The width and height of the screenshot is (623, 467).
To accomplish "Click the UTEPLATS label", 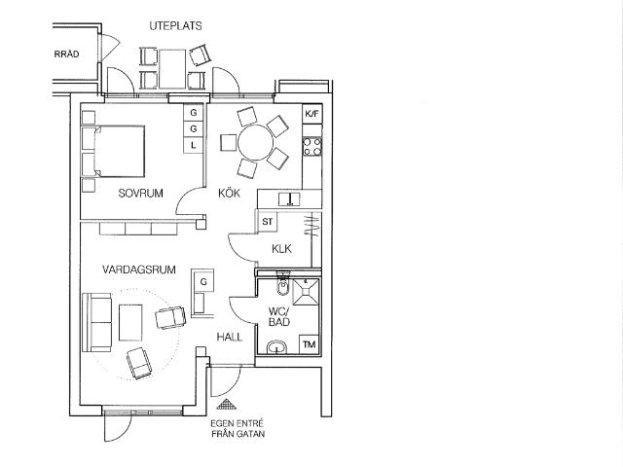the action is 175,26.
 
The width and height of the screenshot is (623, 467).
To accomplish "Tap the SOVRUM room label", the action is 140,194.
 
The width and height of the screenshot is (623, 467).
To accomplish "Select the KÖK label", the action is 230,193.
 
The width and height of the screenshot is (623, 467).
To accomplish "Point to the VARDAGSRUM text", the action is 139,270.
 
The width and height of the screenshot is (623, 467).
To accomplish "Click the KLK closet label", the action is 281,249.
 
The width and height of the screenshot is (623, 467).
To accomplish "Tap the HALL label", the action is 230,338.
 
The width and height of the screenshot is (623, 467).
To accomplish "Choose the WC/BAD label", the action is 279,316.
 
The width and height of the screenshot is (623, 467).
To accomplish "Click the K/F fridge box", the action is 311,115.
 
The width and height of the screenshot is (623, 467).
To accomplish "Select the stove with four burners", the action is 311,146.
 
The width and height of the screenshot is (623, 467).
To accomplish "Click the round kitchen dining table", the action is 256,143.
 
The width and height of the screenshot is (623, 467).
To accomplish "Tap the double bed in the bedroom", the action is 119,152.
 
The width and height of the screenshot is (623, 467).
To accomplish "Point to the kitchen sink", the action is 289,198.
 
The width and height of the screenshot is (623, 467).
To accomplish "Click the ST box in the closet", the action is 268,222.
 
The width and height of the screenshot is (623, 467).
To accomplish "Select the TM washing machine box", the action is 310,344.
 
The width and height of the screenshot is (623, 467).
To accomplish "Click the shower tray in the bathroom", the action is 306,292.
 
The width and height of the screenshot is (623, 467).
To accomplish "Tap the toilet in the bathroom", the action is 283,285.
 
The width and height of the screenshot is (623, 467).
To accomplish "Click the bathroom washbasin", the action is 276,347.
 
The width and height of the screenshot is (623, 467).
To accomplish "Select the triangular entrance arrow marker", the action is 227,404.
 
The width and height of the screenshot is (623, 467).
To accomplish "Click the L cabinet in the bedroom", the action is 193,145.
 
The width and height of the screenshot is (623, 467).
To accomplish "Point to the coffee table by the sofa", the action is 130,322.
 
